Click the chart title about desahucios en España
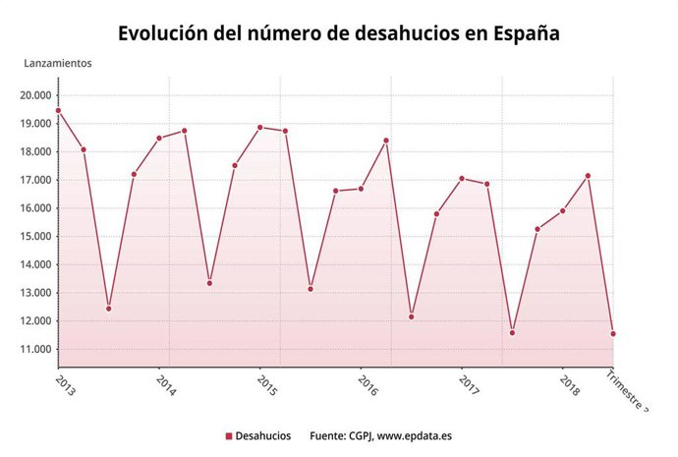coord(339,32)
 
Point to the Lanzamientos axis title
coord(58,63)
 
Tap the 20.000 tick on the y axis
coord(35,95)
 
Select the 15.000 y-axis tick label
coord(35,237)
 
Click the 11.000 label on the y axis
coord(35,350)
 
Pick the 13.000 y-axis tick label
coord(35,293)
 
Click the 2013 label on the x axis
coord(66,381)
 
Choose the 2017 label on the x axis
coord(469,381)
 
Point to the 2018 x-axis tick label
coord(570,381)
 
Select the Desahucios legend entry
coord(262,435)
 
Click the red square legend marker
coord(228,435)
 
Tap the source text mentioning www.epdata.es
coord(380,435)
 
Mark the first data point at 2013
coord(58,111)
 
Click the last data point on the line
coord(613,334)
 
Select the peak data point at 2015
coord(260,127)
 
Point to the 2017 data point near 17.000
coord(462,179)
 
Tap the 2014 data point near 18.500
coord(159,139)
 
